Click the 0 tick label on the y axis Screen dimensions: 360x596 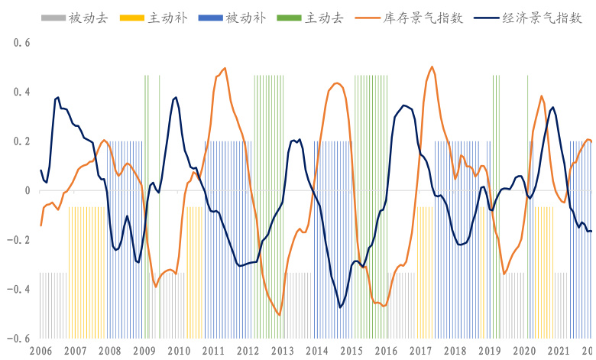click(26, 190)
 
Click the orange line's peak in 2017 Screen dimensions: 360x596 click(432, 66)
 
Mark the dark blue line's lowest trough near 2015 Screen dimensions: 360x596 click(340, 307)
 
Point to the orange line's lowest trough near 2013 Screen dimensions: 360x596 click(280, 315)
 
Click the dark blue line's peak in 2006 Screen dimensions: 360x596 click(57, 97)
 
